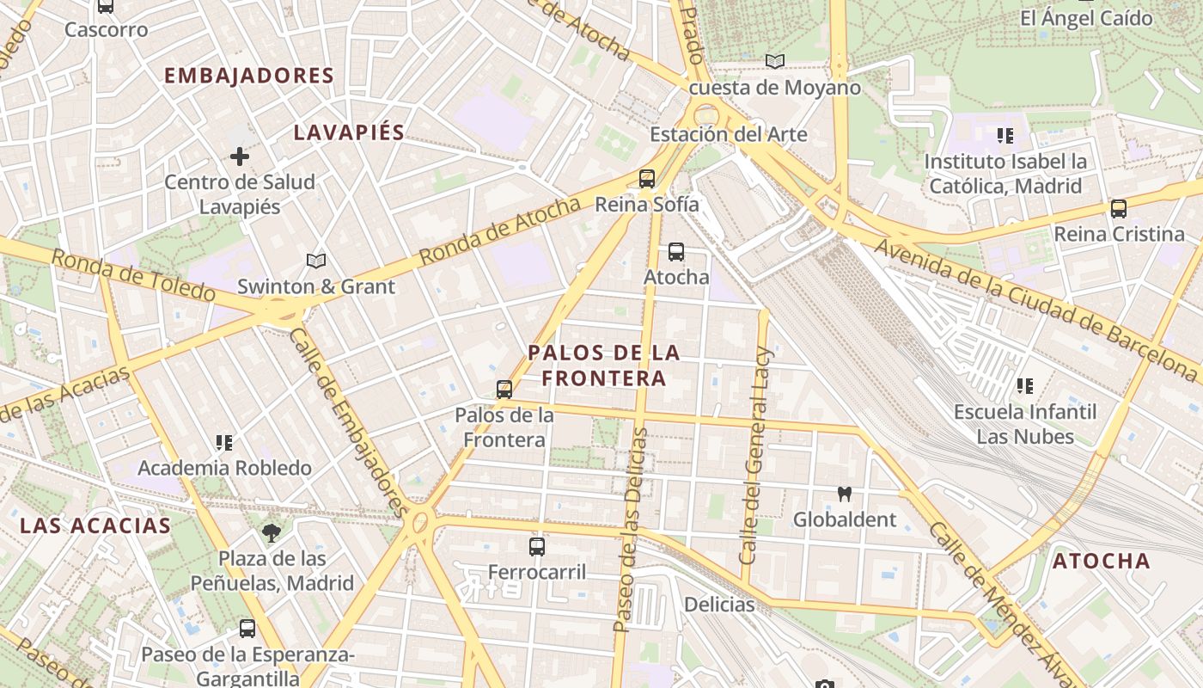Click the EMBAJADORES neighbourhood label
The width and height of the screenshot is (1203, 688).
pyautogui.click(x=248, y=76)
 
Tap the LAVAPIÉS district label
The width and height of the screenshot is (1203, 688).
pyautogui.click(x=349, y=132)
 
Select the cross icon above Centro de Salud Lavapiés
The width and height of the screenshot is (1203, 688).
pyautogui.click(x=240, y=157)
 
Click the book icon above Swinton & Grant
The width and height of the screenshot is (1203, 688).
pyautogui.click(x=316, y=261)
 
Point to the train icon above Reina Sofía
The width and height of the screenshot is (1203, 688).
pyautogui.click(x=647, y=179)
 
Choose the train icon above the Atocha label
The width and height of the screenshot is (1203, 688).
pyautogui.click(x=676, y=252)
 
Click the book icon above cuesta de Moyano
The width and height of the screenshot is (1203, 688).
pyautogui.click(x=775, y=61)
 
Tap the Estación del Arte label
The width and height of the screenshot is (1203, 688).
pyautogui.click(x=729, y=134)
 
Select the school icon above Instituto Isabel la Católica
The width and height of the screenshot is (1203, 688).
pyautogui.click(x=1005, y=136)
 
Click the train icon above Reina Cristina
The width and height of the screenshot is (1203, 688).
pyautogui.click(x=1119, y=208)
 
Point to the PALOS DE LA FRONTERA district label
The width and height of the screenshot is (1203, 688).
pyautogui.click(x=604, y=365)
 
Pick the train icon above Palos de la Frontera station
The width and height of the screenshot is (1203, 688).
pyautogui.click(x=504, y=389)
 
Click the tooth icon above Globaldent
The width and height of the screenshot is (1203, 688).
pyautogui.click(x=844, y=494)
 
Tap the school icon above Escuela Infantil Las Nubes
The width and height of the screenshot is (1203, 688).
pyautogui.click(x=1024, y=386)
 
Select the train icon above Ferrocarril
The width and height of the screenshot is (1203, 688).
pyautogui.click(x=537, y=546)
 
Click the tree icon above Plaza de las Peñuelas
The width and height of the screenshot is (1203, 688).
pyautogui.click(x=272, y=532)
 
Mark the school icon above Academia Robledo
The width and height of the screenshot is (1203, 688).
pyautogui.click(x=224, y=443)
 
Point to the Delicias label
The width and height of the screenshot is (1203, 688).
pyautogui.click(x=719, y=605)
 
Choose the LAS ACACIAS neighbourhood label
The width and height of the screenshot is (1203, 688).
pyautogui.click(x=95, y=525)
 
